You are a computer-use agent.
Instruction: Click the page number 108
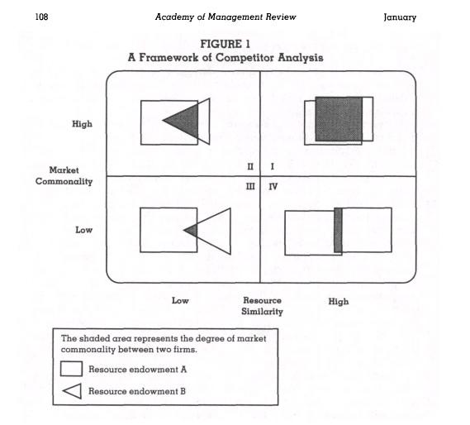coord(41,17)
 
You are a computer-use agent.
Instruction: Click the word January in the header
coord(400,17)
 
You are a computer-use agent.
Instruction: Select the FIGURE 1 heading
coord(226,44)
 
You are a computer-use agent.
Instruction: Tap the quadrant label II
coord(250,166)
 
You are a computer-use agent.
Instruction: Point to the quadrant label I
coord(272,166)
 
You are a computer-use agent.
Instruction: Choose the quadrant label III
coord(250,187)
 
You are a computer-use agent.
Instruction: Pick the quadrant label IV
coord(273,187)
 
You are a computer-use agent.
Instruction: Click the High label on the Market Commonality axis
coord(82,124)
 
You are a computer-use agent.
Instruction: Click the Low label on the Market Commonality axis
coord(83,230)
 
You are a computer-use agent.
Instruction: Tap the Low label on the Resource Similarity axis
coord(180,300)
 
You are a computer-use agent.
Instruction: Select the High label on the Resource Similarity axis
coord(339,301)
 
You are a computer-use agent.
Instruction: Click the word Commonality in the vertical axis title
coord(64,182)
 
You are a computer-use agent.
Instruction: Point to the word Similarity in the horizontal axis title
coord(263,312)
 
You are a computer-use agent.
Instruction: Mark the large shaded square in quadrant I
coord(339,119)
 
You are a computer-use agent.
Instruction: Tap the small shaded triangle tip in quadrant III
coord(192,231)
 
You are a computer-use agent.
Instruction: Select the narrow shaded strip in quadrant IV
coord(338,230)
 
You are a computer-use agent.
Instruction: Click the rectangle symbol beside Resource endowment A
coord(71,369)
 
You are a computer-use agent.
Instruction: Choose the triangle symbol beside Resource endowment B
coord(72,391)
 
